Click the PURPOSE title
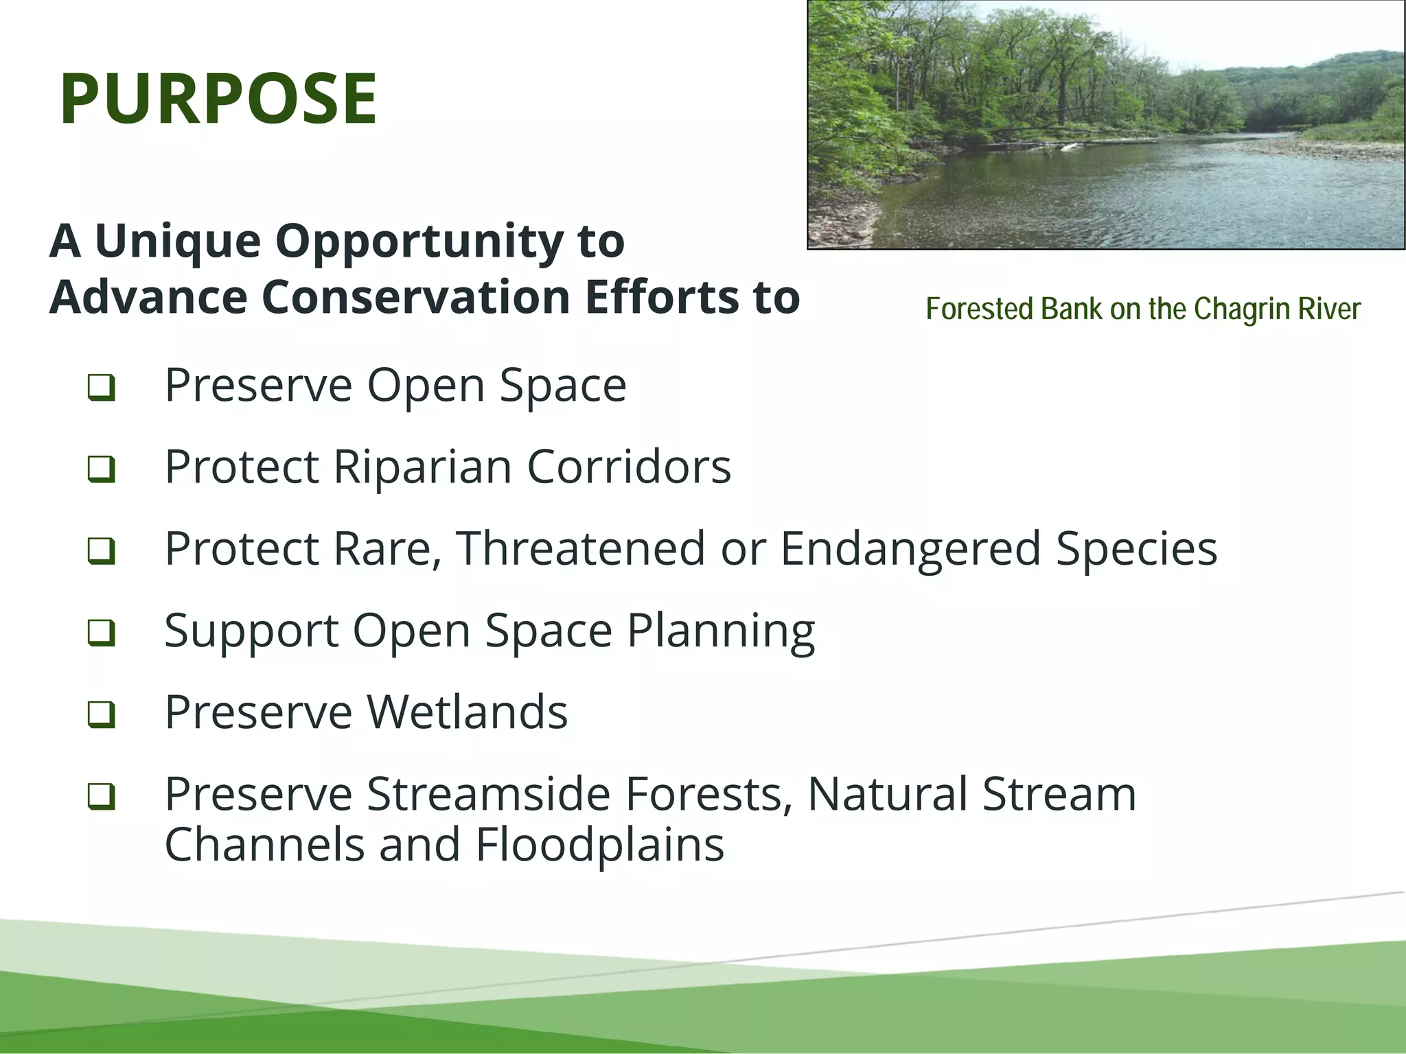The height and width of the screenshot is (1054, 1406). tap(218, 99)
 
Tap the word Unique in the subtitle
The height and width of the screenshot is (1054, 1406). tap(177, 242)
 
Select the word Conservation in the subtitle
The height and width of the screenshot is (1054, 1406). tap(415, 298)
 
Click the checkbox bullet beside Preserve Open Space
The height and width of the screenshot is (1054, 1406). tap(101, 388)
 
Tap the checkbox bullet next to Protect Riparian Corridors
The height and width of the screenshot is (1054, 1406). tap(101, 469)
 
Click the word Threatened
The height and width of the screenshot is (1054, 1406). tap(580, 549)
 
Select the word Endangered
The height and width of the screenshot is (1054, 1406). tap(910, 549)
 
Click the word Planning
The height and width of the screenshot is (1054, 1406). tap(721, 631)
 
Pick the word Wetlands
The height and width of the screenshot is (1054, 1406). tap(467, 712)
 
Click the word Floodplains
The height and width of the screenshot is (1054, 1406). tap(599, 845)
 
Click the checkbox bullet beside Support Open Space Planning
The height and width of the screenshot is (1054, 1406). tap(101, 633)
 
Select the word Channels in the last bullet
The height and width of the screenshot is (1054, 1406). tap(264, 845)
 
